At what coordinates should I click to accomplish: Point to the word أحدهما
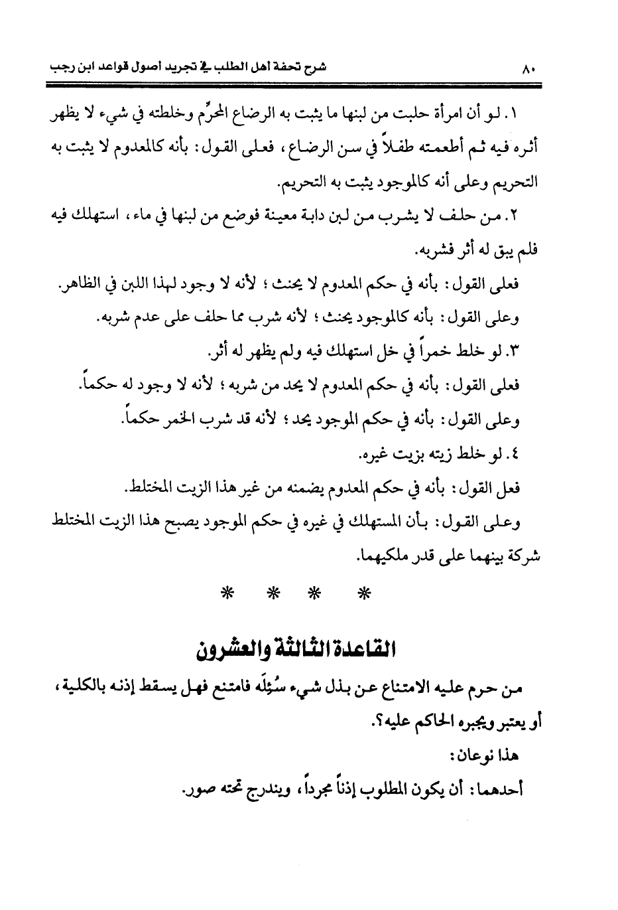tap(503, 789)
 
